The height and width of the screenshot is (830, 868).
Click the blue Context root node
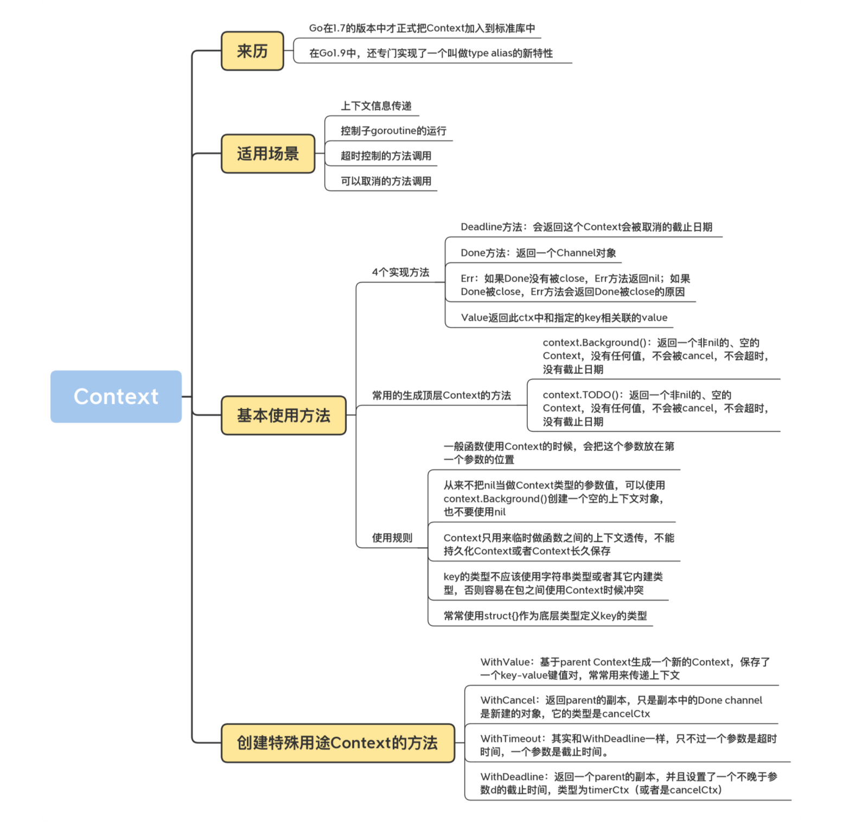coord(116,397)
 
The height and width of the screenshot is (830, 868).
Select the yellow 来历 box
coord(252,51)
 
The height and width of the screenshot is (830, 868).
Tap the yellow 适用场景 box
coord(268,154)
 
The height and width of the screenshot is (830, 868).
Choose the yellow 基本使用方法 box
coord(283,416)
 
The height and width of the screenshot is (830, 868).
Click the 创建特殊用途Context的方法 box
coord(337,743)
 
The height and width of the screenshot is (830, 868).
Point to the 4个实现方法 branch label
coord(400,272)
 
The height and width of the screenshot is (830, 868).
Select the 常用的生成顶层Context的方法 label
coord(441,395)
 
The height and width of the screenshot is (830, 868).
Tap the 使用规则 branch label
coord(392,538)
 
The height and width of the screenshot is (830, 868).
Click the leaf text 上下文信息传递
coord(376,106)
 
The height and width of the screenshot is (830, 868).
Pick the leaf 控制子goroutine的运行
coord(393,131)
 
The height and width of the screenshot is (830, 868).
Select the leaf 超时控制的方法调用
coord(386,156)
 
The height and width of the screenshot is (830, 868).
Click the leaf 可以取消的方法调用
coord(386,181)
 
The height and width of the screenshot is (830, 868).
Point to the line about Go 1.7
coord(422,28)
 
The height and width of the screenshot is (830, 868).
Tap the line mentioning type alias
coord(431,53)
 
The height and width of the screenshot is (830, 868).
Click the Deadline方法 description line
coord(586,227)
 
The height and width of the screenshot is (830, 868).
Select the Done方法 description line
coord(538,253)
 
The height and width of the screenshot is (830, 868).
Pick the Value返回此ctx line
coord(564,317)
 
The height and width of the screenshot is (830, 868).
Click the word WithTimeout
coord(512,739)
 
